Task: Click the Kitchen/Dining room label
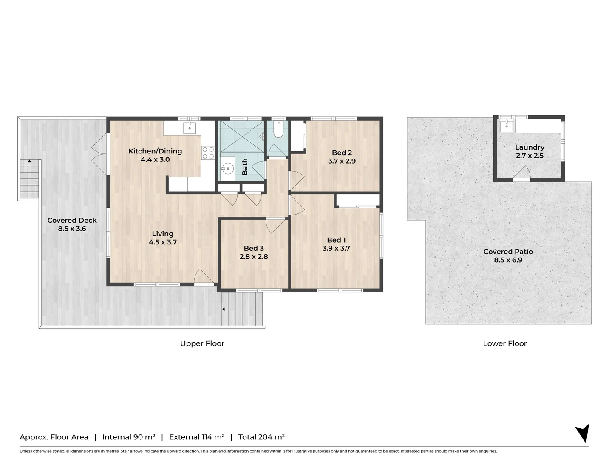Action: tap(155, 151)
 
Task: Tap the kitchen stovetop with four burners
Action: tap(208, 153)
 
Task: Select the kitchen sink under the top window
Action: tap(190, 127)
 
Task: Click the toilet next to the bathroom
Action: tap(278, 130)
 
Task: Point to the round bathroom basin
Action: tap(228, 168)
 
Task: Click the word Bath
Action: tap(245, 167)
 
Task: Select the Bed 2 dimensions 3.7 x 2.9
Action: tap(342, 161)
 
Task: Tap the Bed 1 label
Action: tap(336, 240)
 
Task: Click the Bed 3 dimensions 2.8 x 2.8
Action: tap(254, 256)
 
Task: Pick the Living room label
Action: tap(162, 234)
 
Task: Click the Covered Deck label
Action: tap(72, 221)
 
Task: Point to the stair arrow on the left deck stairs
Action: tap(29, 161)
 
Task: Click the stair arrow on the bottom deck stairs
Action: tap(223, 309)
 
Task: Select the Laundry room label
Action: tap(530, 147)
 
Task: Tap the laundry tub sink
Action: tap(507, 126)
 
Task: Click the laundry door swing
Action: tap(521, 172)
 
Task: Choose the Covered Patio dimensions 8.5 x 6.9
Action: tap(508, 260)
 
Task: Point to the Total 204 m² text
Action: tap(261, 437)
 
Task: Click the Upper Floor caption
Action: tap(202, 344)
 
